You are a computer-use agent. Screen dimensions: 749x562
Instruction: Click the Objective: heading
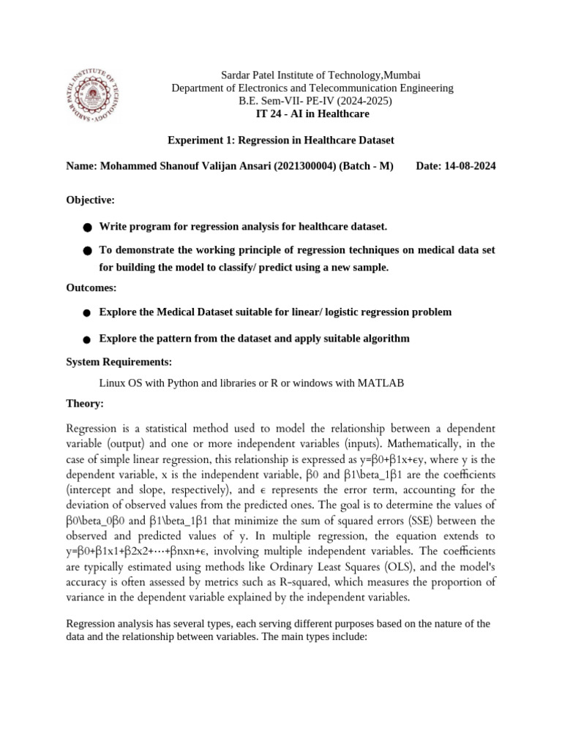coord(90,200)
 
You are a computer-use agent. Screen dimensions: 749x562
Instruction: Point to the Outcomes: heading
coord(91,287)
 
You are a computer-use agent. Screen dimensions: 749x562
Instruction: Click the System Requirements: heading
coord(119,362)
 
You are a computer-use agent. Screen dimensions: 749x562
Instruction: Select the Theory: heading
coord(85,403)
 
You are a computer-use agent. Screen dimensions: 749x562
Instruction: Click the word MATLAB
coord(380,383)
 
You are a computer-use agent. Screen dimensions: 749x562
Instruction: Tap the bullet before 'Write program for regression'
coord(87,227)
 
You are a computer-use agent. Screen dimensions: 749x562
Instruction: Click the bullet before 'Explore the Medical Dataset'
coord(87,313)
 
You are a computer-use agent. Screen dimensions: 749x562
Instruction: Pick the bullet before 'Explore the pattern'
coord(87,340)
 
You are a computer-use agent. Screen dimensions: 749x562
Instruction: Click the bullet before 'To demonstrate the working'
coord(87,251)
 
